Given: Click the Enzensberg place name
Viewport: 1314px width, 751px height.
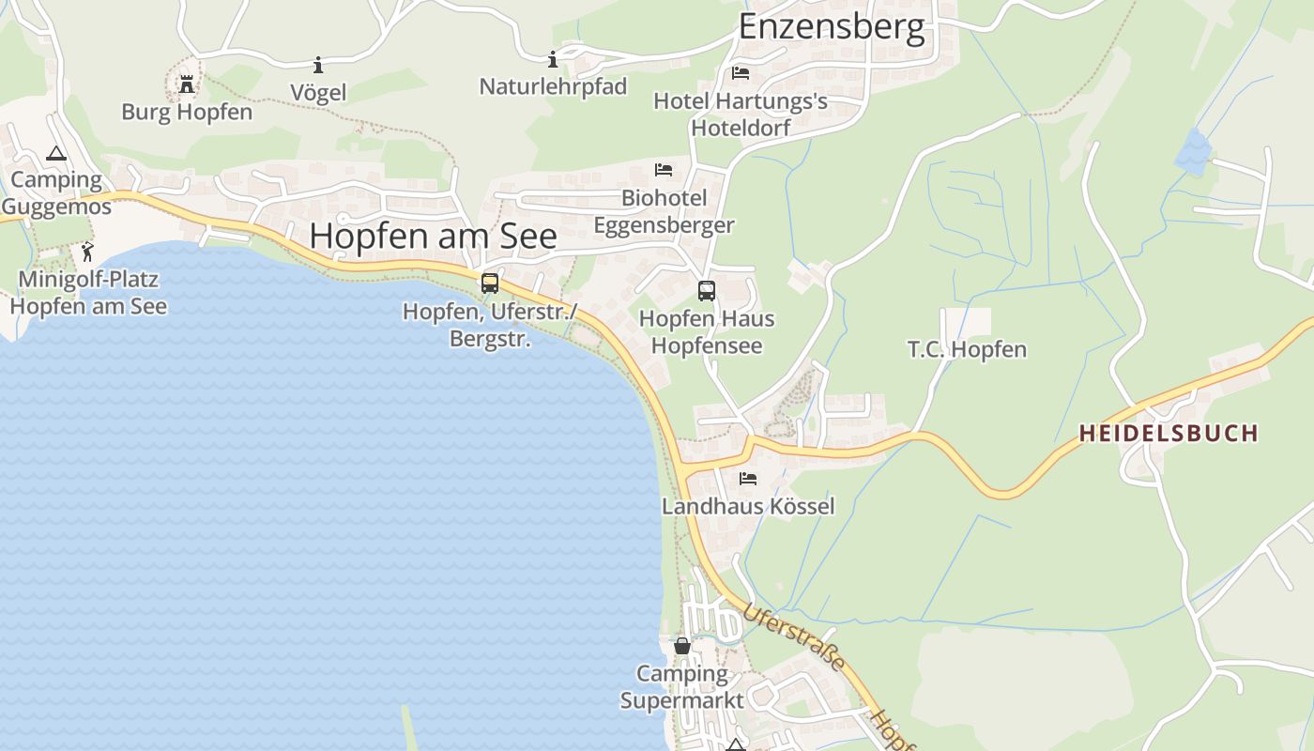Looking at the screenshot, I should (x=832, y=26).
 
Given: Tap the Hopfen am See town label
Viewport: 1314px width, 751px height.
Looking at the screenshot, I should (x=433, y=235).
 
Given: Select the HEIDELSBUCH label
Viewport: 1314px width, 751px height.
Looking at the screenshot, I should (x=1168, y=433).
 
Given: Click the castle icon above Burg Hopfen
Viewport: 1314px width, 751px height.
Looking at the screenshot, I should (x=187, y=85).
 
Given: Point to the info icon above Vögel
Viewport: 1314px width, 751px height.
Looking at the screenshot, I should (x=318, y=65).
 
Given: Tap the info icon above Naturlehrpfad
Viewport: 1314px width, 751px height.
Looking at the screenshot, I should (x=553, y=59).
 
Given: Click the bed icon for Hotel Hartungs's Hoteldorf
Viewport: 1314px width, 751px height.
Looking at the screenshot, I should (x=741, y=73).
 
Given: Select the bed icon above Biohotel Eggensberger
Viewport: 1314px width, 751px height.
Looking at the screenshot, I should (x=664, y=170).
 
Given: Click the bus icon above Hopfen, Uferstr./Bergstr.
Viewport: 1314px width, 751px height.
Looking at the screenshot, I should (x=489, y=283).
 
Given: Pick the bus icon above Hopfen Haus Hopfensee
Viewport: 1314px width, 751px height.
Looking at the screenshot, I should (x=707, y=291).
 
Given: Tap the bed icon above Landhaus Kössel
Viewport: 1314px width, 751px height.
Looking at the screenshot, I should (x=748, y=479).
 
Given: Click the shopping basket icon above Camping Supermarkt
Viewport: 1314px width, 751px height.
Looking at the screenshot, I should (x=682, y=646).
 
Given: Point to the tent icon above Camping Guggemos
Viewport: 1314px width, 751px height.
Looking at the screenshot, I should (x=56, y=153).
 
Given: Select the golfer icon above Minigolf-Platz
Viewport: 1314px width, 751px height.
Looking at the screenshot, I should (x=87, y=252).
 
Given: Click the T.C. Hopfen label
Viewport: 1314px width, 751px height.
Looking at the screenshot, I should (x=967, y=349).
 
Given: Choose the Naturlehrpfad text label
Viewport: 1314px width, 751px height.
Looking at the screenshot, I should (x=553, y=86).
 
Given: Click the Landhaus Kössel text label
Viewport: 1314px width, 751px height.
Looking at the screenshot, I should (x=748, y=506).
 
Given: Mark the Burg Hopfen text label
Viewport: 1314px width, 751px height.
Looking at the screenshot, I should (x=187, y=112).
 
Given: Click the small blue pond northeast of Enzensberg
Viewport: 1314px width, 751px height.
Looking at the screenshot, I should (x=1192, y=151).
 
